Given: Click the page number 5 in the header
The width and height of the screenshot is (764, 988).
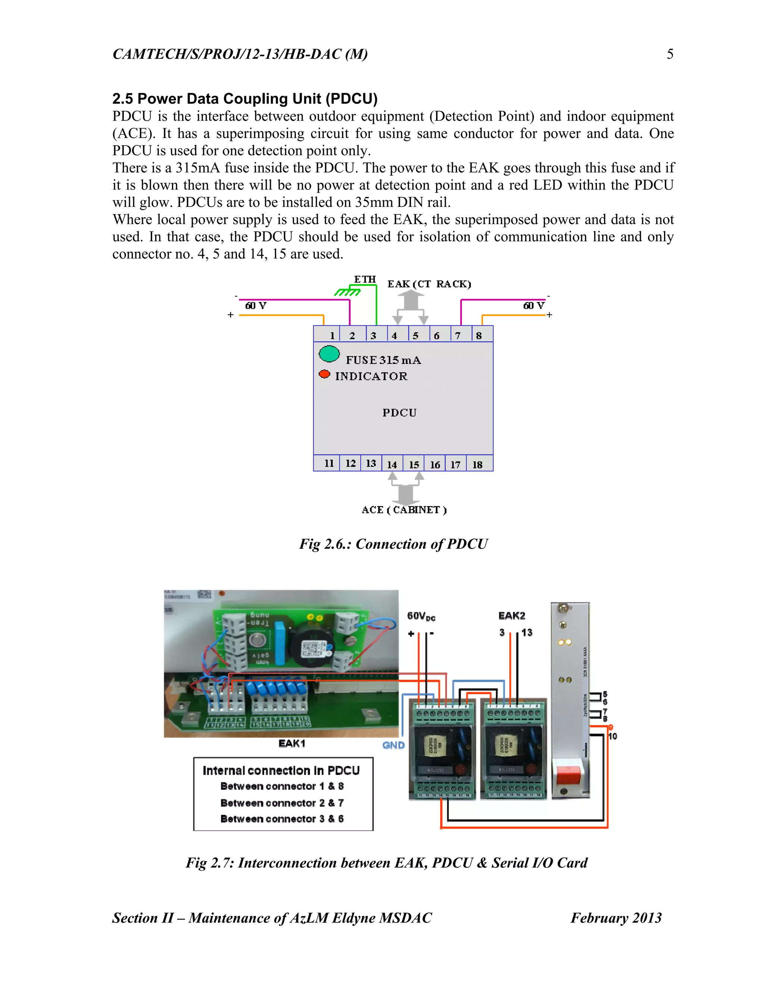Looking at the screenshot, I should (x=670, y=54).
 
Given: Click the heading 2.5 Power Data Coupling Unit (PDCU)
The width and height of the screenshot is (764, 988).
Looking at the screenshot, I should (x=245, y=99).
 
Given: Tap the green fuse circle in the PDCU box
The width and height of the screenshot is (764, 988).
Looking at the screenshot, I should (x=329, y=354).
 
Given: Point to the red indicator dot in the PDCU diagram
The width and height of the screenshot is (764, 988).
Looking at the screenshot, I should (x=324, y=374).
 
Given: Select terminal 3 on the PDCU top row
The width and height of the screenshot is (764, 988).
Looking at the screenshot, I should (x=373, y=335).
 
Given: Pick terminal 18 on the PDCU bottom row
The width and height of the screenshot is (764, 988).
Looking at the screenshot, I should (x=477, y=465).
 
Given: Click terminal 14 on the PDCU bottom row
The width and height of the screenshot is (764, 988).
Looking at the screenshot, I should (x=392, y=465).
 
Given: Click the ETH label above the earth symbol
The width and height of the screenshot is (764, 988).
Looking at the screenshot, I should (x=365, y=279).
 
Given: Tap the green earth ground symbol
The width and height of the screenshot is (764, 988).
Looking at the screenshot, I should (x=347, y=292).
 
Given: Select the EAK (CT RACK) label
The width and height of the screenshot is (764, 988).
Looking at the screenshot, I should (x=429, y=284).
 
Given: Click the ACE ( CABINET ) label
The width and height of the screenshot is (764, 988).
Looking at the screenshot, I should (x=404, y=510).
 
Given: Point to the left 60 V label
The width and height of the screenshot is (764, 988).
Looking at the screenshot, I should (x=256, y=306).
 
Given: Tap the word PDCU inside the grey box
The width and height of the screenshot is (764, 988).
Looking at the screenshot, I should (x=399, y=413).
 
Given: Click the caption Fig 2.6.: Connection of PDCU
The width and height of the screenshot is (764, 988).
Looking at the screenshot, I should (x=393, y=544).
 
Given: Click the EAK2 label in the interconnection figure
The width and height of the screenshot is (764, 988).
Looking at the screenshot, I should (x=511, y=616).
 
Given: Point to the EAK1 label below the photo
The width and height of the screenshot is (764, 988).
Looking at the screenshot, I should (x=292, y=744).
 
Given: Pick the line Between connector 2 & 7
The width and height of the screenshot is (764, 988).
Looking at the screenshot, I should (x=282, y=803).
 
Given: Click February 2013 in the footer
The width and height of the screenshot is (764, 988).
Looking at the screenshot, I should (x=616, y=918).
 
